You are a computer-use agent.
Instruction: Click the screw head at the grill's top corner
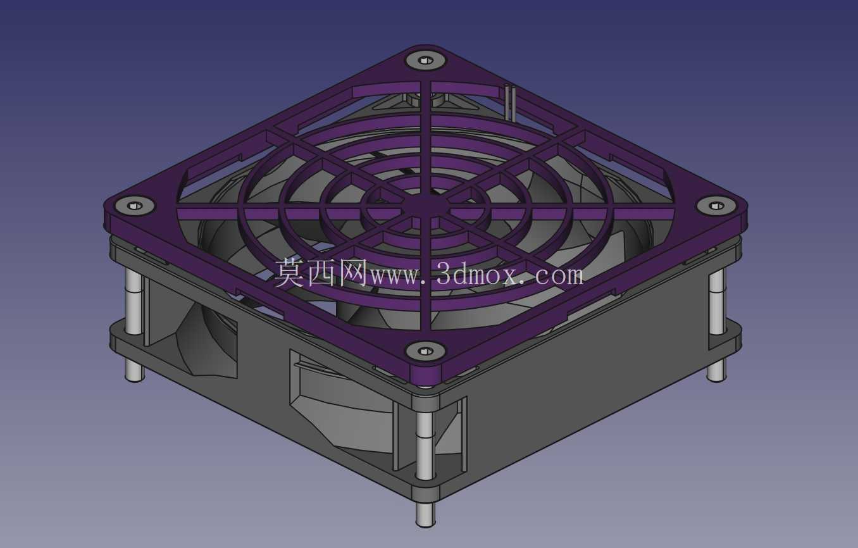(x=425, y=61)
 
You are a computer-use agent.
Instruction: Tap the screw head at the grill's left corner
(x=134, y=206)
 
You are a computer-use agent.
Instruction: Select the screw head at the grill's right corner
(x=716, y=206)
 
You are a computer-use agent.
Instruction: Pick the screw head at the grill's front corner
(x=425, y=351)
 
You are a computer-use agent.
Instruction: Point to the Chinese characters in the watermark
(x=321, y=273)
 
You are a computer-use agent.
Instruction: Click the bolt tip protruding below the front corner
(x=425, y=514)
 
